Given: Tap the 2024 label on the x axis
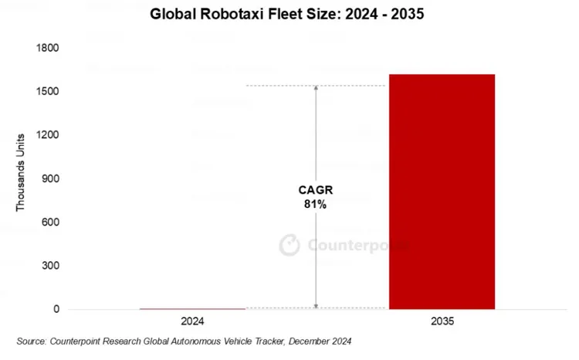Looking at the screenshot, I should click(x=192, y=320).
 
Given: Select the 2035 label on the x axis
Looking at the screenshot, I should click(x=442, y=320).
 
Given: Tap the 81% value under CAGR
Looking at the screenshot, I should click(x=315, y=205).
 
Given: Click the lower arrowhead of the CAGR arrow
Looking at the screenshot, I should click(x=315, y=305).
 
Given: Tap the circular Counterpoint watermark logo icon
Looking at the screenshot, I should click(x=289, y=244).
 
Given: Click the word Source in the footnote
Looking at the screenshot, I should click(x=32, y=341).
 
